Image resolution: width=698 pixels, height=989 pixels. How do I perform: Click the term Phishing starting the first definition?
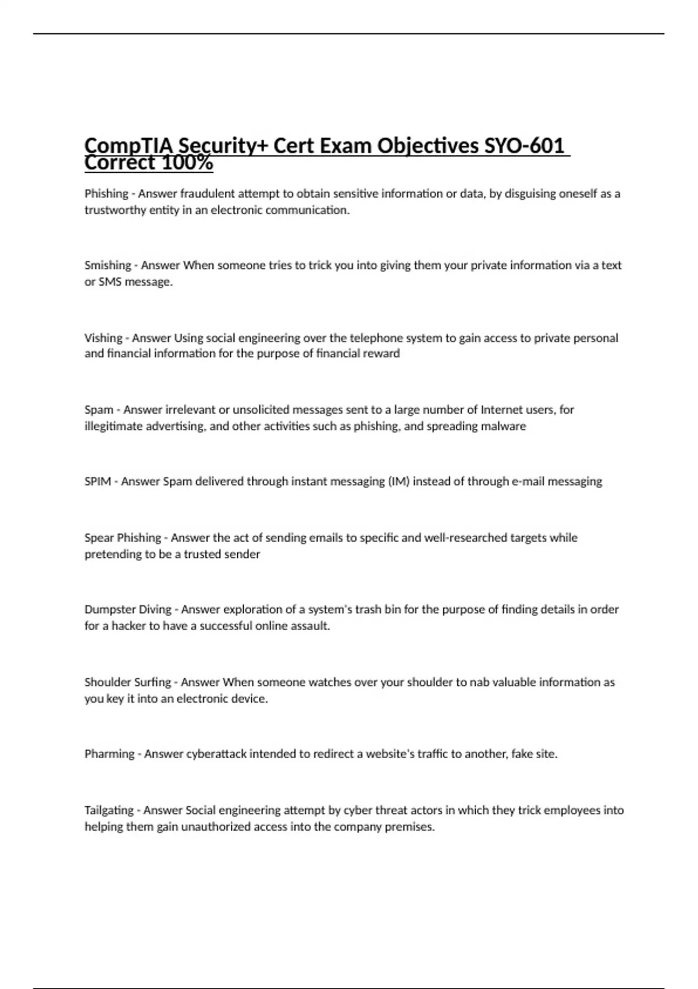pyautogui.click(x=106, y=194)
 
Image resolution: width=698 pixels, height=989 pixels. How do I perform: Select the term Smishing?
pyautogui.click(x=108, y=265)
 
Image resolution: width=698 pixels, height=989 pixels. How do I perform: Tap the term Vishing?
pyautogui.click(x=104, y=338)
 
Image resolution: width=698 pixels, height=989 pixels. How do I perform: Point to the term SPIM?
pyautogui.click(x=98, y=482)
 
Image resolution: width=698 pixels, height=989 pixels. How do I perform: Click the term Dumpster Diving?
pyautogui.click(x=128, y=610)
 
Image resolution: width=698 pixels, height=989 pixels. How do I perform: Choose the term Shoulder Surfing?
pyautogui.click(x=128, y=682)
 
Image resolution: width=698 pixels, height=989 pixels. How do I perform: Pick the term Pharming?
pyautogui.click(x=109, y=754)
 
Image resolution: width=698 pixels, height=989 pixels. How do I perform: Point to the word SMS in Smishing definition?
pyautogui.click(x=109, y=282)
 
